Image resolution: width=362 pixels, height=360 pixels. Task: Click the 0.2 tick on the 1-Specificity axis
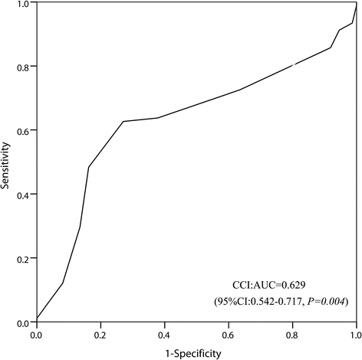(x=100, y=334)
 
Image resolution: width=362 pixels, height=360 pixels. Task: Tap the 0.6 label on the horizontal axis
(x=228, y=334)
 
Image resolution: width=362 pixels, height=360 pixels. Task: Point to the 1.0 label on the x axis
(x=354, y=334)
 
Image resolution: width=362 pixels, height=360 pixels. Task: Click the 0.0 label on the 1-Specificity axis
(x=36, y=334)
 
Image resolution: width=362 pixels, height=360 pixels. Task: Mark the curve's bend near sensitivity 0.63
(x=123, y=121)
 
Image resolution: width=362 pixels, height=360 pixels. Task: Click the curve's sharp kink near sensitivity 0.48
(x=89, y=166)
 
